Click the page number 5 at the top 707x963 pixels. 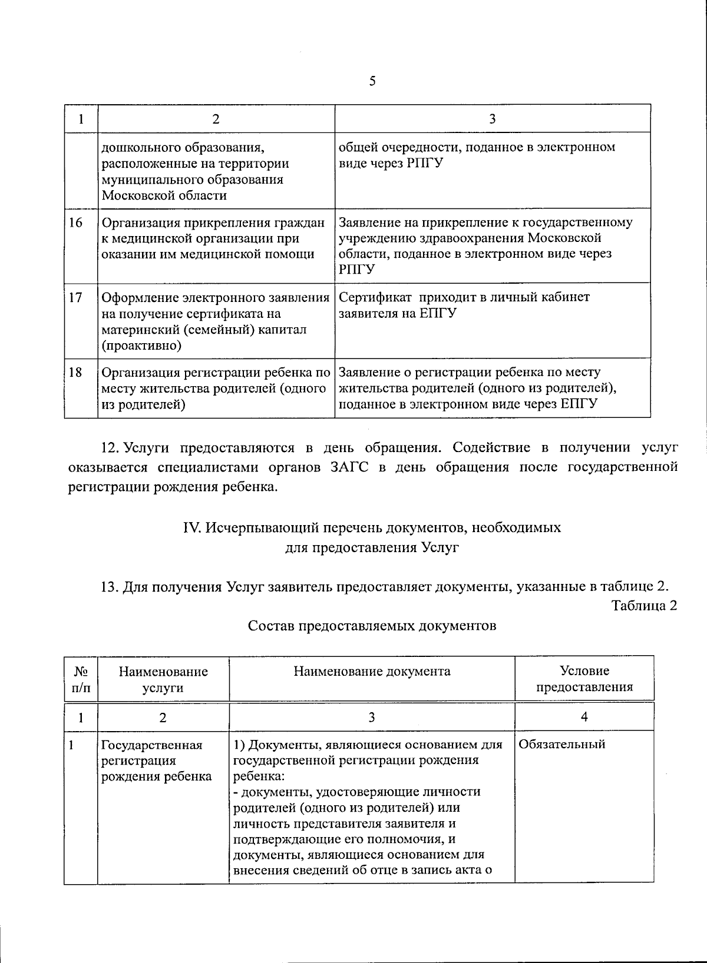[x=372, y=81]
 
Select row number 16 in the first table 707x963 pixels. [x=75, y=223]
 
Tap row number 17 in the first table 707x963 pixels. [x=75, y=297]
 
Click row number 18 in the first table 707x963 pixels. [x=75, y=372]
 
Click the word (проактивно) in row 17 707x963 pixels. [x=141, y=346]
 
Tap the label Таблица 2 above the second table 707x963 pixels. [x=644, y=605]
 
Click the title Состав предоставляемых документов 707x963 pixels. [x=372, y=625]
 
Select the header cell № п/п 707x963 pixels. [x=81, y=679]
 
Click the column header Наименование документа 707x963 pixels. [x=372, y=671]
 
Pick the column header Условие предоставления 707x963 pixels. [x=584, y=679]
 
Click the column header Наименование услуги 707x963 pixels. [x=163, y=679]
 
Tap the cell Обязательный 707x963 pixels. [x=561, y=744]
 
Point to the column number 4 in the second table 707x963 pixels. [x=584, y=716]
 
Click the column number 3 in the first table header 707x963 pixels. [x=492, y=118]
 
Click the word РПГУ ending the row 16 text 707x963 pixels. [x=356, y=270]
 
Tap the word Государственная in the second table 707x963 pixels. [x=151, y=745]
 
